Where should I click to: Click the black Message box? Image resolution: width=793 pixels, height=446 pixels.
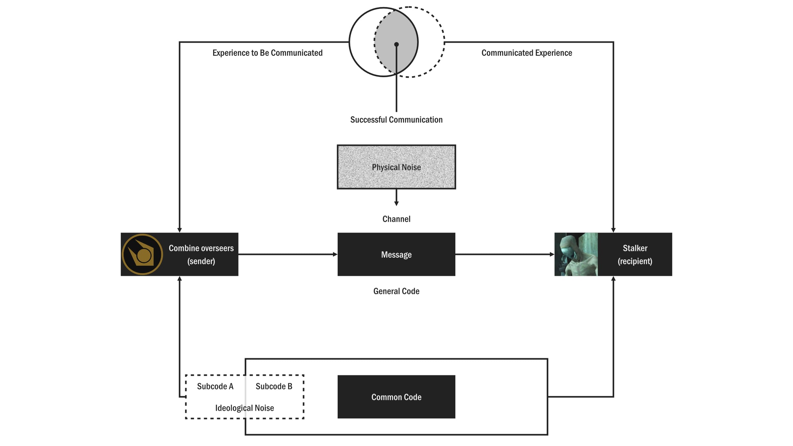point(396,254)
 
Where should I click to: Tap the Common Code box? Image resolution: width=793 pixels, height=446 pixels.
point(396,397)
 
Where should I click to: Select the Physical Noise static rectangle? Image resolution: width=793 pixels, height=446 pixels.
point(396,167)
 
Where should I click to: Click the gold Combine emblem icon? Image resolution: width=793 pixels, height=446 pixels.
point(142,254)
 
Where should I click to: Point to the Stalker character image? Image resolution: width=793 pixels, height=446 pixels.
point(576,254)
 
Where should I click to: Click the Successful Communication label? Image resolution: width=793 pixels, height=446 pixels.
point(396,120)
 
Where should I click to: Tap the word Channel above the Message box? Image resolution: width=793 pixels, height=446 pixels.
point(396,219)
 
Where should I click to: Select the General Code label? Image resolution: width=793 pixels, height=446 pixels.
point(396,291)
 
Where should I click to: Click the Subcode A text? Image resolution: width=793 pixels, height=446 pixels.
point(215,386)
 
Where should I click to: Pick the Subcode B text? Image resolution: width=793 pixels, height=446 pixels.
point(274,386)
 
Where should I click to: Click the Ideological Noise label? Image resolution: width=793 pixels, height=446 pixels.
point(245,408)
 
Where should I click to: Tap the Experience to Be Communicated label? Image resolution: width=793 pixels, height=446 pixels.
point(267,53)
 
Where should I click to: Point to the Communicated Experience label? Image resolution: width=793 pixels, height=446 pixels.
point(527,53)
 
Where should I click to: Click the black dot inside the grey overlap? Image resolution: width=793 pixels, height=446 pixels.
point(397,44)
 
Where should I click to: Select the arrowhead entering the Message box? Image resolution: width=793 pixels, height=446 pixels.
point(335,254)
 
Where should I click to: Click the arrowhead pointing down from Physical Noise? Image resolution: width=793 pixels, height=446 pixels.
point(396,204)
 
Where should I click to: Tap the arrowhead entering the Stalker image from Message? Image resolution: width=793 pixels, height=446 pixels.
point(552,254)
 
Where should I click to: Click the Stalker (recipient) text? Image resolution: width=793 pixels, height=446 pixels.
point(635,254)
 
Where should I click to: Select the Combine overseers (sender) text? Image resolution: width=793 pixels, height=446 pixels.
point(201,254)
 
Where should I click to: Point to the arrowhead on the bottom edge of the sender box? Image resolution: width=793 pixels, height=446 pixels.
point(179,279)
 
